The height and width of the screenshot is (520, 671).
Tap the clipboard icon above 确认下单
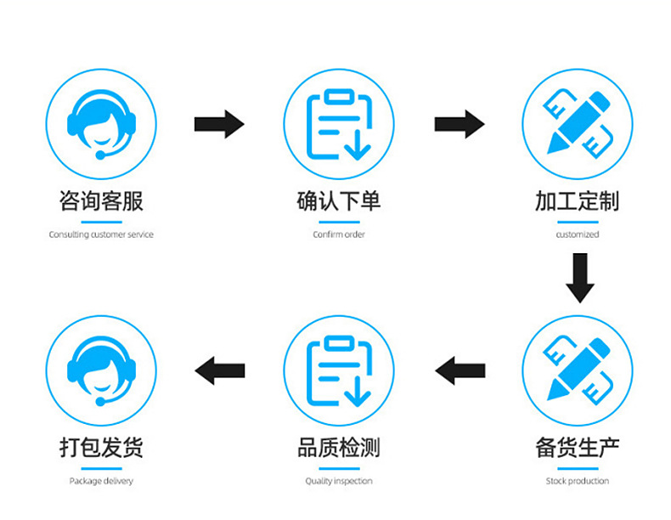click(339, 124)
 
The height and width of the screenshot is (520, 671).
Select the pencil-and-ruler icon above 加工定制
click(578, 123)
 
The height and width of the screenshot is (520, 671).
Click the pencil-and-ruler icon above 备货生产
click(578, 370)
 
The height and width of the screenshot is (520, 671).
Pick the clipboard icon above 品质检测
click(339, 370)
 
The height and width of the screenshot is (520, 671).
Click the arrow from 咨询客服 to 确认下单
click(219, 124)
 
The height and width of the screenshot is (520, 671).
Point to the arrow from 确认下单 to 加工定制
click(460, 124)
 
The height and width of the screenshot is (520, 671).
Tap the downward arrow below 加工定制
click(580, 278)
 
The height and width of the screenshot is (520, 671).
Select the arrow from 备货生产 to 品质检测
click(460, 370)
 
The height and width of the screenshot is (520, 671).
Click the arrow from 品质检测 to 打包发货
click(219, 370)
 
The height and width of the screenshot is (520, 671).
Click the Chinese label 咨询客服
click(101, 201)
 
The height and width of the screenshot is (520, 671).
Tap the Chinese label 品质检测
click(339, 448)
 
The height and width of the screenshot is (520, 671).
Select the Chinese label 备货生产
click(578, 448)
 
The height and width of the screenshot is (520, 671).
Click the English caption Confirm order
click(339, 235)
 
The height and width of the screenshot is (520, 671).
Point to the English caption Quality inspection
click(339, 481)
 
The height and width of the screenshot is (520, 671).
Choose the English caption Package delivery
click(101, 481)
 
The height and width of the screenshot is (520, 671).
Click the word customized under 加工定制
click(578, 235)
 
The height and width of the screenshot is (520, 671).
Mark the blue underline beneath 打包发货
click(101, 469)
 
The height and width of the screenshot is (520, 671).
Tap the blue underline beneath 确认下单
click(339, 222)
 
